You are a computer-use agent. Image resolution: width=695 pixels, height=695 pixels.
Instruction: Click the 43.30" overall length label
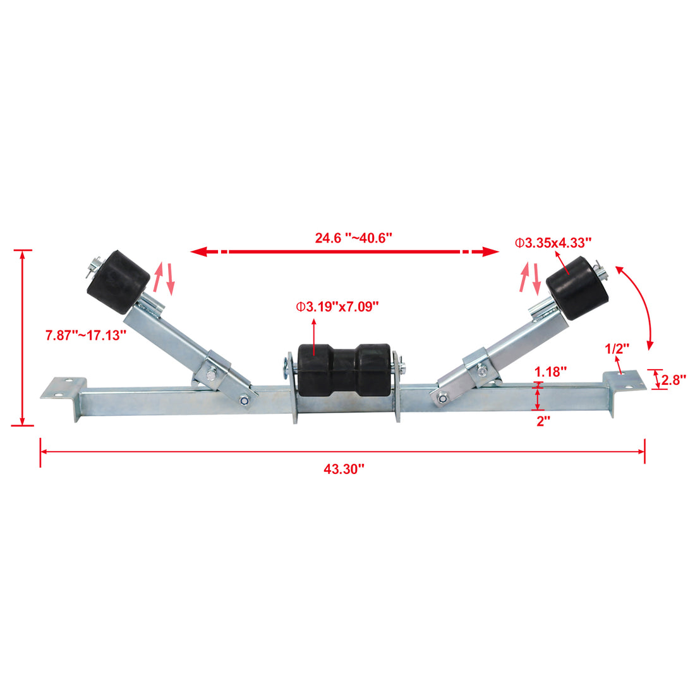tap(344, 469)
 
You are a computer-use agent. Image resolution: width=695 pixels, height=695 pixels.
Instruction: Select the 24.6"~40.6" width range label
tap(354, 238)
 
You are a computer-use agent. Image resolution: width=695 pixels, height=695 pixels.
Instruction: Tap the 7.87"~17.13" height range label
tap(86, 335)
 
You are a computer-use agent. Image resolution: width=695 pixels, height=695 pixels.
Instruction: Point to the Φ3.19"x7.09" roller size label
tap(337, 307)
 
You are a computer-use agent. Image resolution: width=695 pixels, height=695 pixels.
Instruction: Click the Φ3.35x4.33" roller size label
tap(553, 242)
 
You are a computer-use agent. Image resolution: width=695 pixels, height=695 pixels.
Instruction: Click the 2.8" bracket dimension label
tap(674, 380)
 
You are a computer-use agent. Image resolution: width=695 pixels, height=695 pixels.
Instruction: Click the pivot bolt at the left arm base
tap(244, 399)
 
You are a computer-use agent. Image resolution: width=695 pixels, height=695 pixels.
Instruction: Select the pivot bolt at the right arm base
tap(442, 397)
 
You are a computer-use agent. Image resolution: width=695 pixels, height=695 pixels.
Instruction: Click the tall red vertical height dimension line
tap(23, 338)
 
